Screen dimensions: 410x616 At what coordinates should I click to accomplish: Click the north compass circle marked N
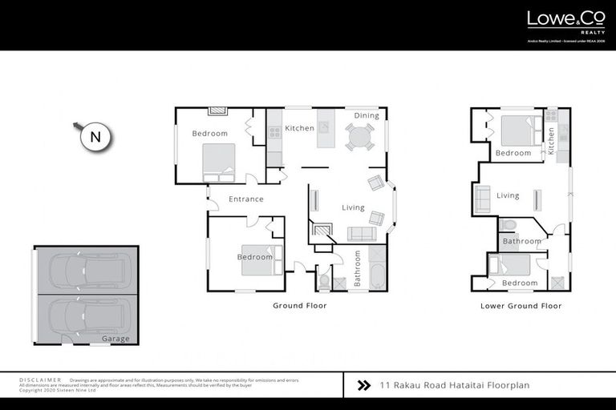95,137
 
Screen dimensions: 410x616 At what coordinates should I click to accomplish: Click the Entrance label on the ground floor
246,199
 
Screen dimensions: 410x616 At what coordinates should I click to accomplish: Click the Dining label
367,116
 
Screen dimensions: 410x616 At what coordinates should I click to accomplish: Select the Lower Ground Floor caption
521,305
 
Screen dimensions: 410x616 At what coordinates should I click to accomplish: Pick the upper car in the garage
85,271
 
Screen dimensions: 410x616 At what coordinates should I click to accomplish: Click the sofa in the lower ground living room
483,199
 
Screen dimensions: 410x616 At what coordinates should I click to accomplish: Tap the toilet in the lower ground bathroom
509,226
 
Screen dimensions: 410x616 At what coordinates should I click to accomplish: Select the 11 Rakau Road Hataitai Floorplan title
455,385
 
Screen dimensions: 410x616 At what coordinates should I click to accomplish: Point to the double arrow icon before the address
363,385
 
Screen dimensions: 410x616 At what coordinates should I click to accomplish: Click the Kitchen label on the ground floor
300,128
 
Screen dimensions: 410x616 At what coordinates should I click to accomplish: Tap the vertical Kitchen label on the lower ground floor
552,142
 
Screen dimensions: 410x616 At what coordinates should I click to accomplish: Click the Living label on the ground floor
354,207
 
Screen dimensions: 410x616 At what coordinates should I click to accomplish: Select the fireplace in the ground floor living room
322,231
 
